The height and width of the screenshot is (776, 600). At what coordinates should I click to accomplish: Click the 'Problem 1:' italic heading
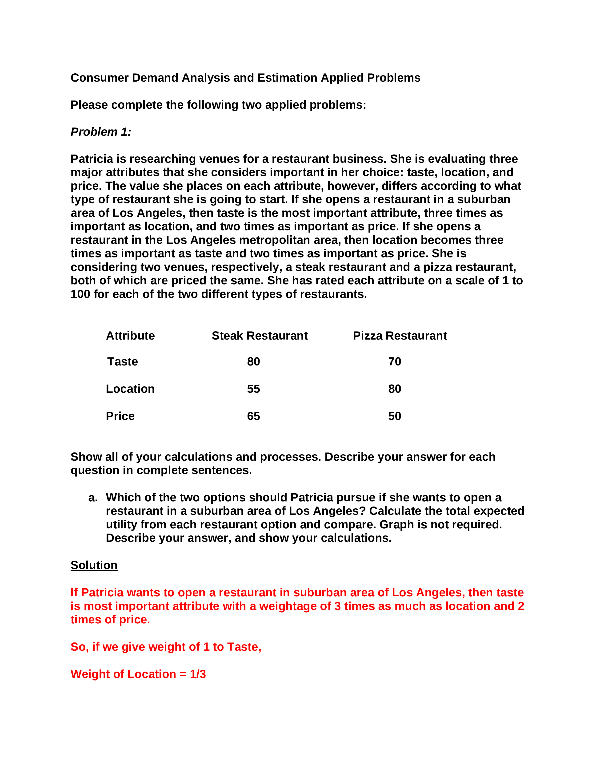pyautogui.click(x=101, y=132)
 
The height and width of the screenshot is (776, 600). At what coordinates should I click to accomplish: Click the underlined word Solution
pyautogui.click(x=94, y=565)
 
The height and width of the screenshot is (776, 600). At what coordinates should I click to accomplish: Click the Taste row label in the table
pyautogui.click(x=122, y=361)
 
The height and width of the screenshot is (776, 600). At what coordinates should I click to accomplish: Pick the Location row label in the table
pyautogui.click(x=130, y=389)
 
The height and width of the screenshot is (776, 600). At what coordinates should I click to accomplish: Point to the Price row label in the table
pyautogui.click(x=120, y=416)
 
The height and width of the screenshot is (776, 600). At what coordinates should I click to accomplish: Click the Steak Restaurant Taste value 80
pyautogui.click(x=253, y=361)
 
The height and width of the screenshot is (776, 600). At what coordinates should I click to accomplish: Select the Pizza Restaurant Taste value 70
pyautogui.click(x=395, y=361)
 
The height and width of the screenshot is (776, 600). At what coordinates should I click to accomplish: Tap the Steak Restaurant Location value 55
pyautogui.click(x=253, y=389)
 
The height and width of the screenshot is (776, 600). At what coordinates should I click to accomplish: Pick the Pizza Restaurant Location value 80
pyautogui.click(x=395, y=389)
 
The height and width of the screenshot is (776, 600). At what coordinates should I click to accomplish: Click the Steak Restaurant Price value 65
pyautogui.click(x=253, y=416)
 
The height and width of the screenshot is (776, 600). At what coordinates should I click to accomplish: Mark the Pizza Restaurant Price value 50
pyautogui.click(x=395, y=416)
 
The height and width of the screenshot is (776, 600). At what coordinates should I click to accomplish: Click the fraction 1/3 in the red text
pyautogui.click(x=198, y=674)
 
